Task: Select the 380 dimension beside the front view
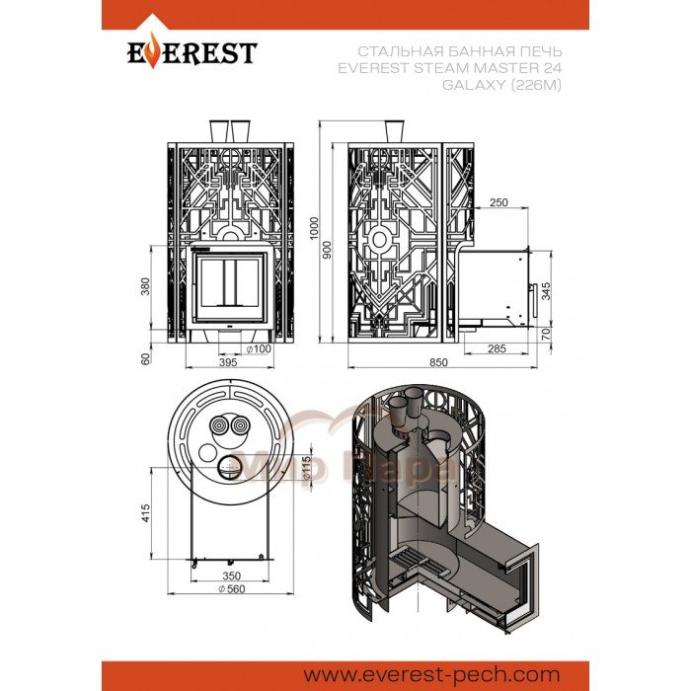point(149,285)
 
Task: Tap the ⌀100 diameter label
point(259,348)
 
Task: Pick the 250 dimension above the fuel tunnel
point(498,202)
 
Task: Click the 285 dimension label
point(497,348)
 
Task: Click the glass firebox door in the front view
point(228,283)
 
